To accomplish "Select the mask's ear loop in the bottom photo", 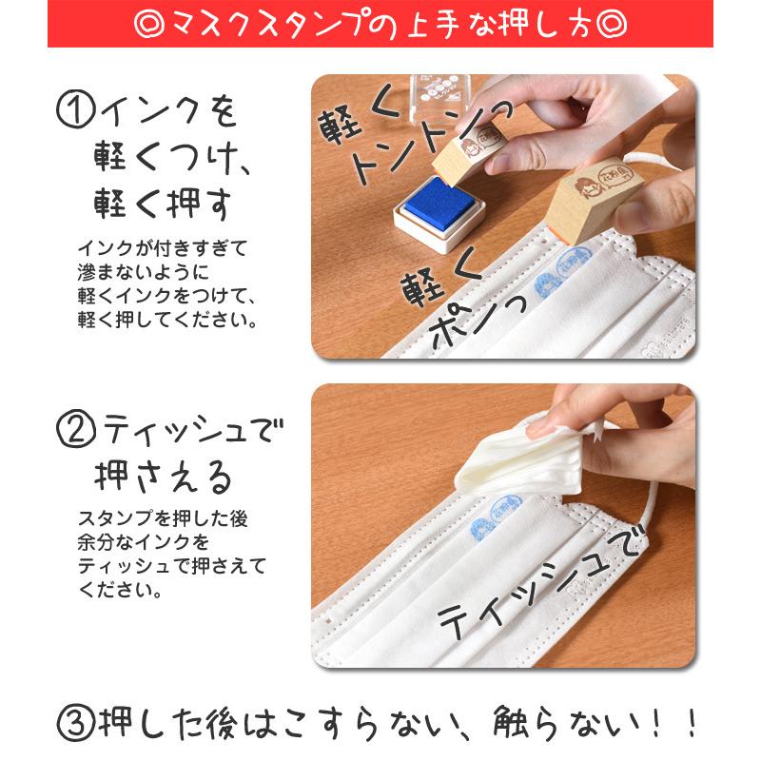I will (656, 504).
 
